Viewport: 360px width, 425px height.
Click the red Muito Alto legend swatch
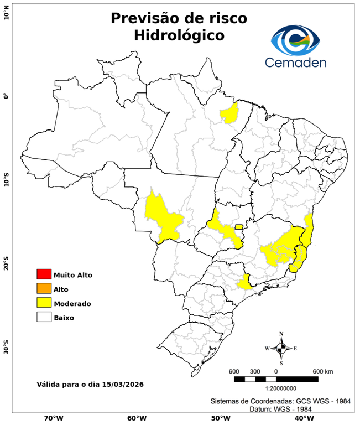coord(44,274)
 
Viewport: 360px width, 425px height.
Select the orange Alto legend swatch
coord(44,289)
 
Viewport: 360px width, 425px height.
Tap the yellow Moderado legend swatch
coord(44,303)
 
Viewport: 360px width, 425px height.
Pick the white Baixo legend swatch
coord(44,318)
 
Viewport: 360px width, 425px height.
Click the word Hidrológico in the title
coord(179,35)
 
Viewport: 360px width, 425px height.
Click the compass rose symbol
coord(281,348)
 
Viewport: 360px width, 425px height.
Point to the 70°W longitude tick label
coord(53,418)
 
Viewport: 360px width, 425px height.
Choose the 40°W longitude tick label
coord(302,418)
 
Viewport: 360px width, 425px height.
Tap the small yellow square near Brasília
coord(239,226)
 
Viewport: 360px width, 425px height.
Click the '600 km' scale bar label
coord(323,371)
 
